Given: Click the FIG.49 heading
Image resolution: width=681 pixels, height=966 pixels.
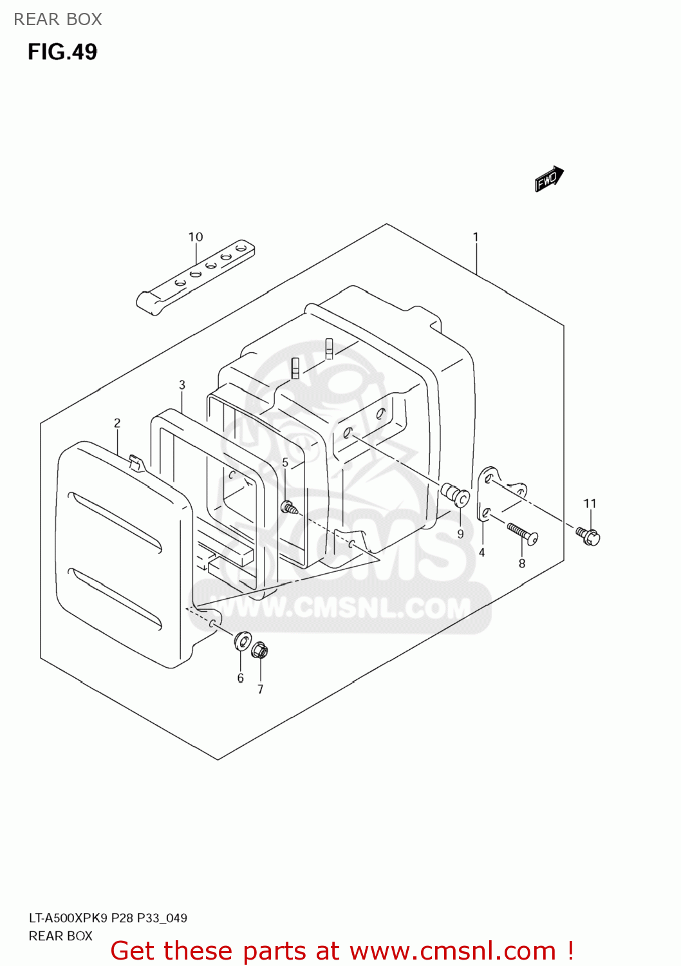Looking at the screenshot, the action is (62, 52).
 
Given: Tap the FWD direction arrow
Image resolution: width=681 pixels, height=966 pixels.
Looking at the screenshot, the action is (548, 178).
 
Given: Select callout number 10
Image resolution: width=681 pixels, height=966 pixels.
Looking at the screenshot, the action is (196, 237).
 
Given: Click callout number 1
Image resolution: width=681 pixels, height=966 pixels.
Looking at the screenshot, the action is (476, 237).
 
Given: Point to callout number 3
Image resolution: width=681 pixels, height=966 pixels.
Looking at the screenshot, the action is (182, 384).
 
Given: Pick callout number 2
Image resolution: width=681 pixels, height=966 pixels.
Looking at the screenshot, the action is (117, 423).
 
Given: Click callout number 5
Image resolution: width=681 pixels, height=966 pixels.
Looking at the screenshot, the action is (285, 462).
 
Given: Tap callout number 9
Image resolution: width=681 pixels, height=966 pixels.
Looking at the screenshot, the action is (460, 534).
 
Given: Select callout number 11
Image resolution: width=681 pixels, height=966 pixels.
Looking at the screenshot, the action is (590, 503).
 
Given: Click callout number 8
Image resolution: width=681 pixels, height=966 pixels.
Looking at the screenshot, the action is (522, 563).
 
